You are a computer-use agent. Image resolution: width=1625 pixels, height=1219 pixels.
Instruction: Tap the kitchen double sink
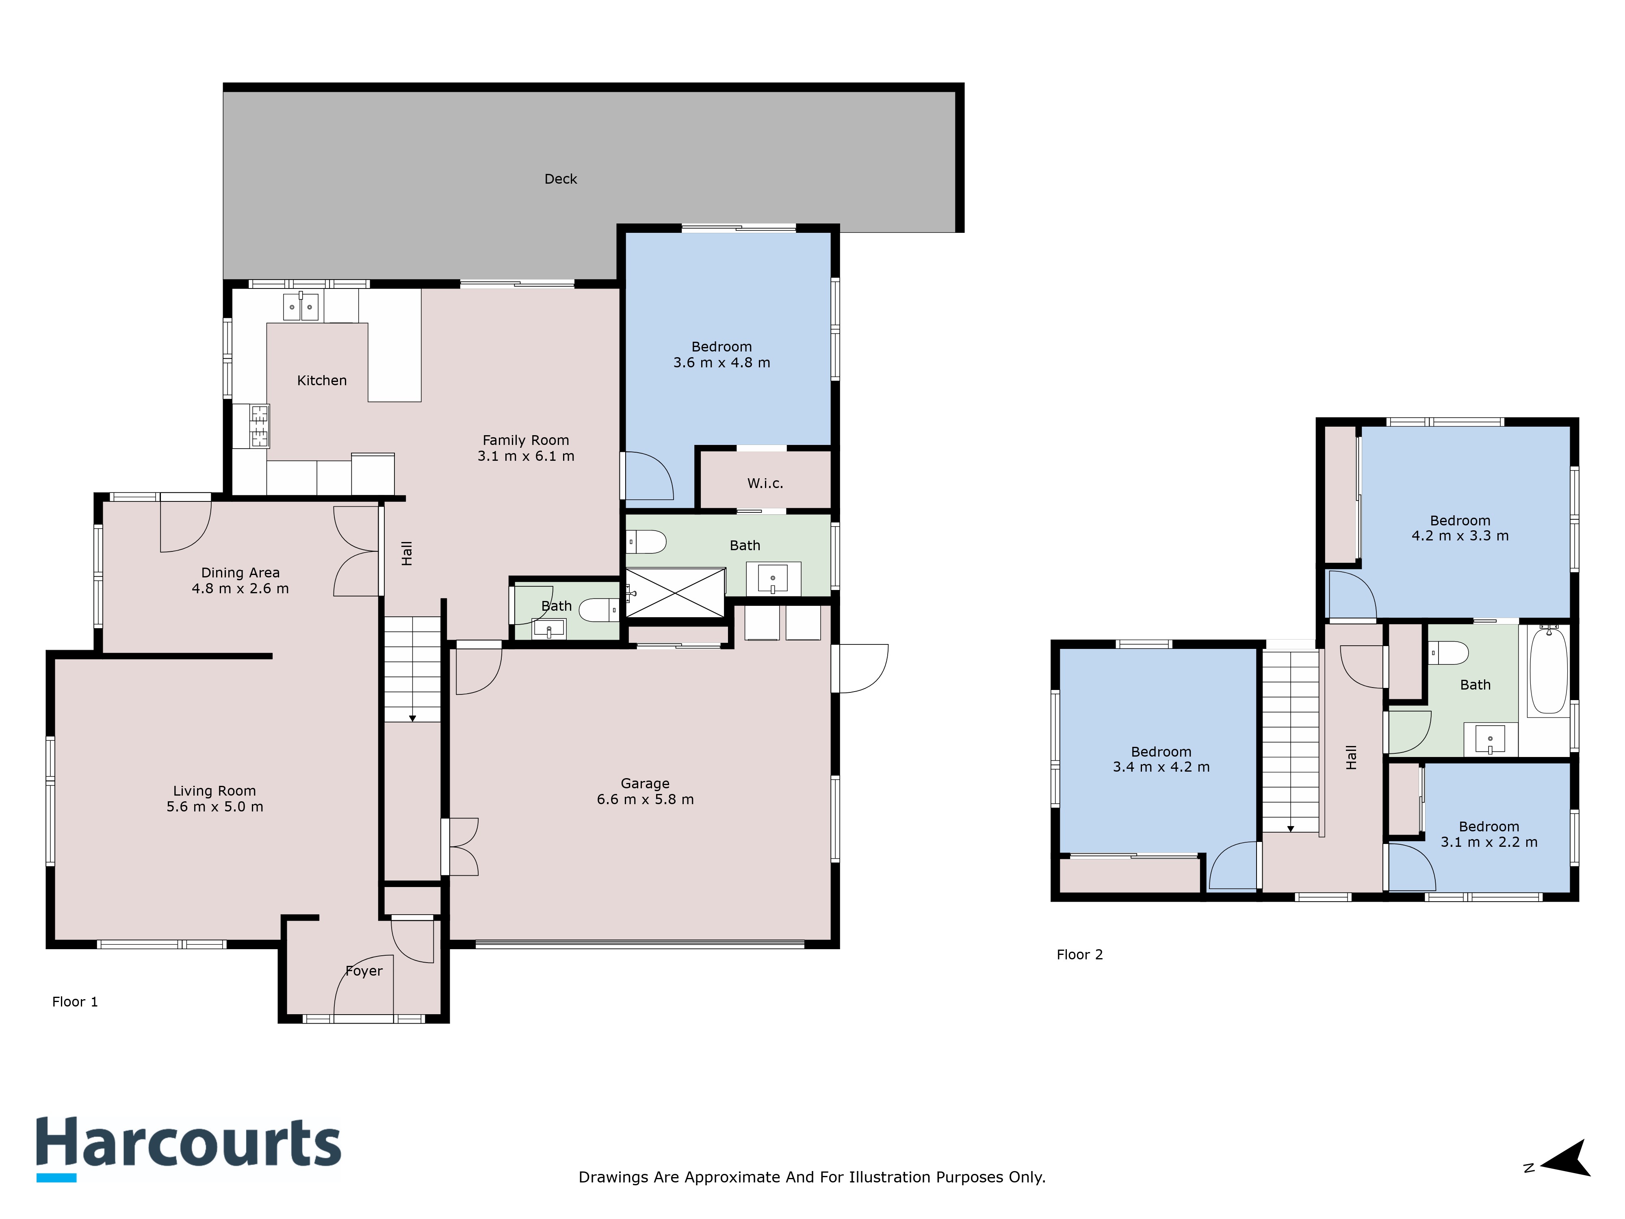(301, 306)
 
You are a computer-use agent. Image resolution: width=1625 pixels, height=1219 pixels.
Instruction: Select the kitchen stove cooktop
(259, 426)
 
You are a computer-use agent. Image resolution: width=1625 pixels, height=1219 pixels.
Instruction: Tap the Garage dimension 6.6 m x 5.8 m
(645, 799)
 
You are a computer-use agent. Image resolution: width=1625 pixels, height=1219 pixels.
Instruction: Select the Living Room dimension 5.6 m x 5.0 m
(214, 807)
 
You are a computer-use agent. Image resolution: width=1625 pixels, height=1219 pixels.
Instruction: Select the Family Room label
(525, 440)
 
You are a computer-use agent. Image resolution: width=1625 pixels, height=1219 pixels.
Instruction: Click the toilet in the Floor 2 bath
(1449, 652)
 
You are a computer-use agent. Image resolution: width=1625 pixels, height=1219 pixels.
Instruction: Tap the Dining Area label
(240, 573)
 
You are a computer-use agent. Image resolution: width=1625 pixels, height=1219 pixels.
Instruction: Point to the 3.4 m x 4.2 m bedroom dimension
(1161, 767)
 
